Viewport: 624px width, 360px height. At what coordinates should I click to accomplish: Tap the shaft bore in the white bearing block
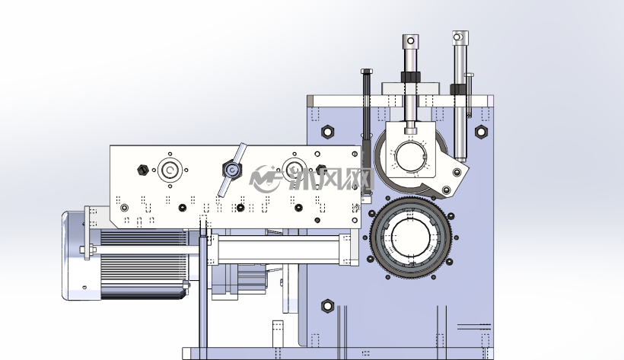pos(411,157)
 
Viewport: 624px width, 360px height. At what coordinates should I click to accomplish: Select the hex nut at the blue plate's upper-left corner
pos(327,132)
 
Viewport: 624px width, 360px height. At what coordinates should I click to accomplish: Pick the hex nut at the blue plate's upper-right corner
pos(481,132)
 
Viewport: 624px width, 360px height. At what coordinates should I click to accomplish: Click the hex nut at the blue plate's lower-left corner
pos(327,306)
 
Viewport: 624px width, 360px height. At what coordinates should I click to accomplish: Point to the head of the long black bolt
pos(367,72)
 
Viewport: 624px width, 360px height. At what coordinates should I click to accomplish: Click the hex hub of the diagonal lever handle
pos(232,170)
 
